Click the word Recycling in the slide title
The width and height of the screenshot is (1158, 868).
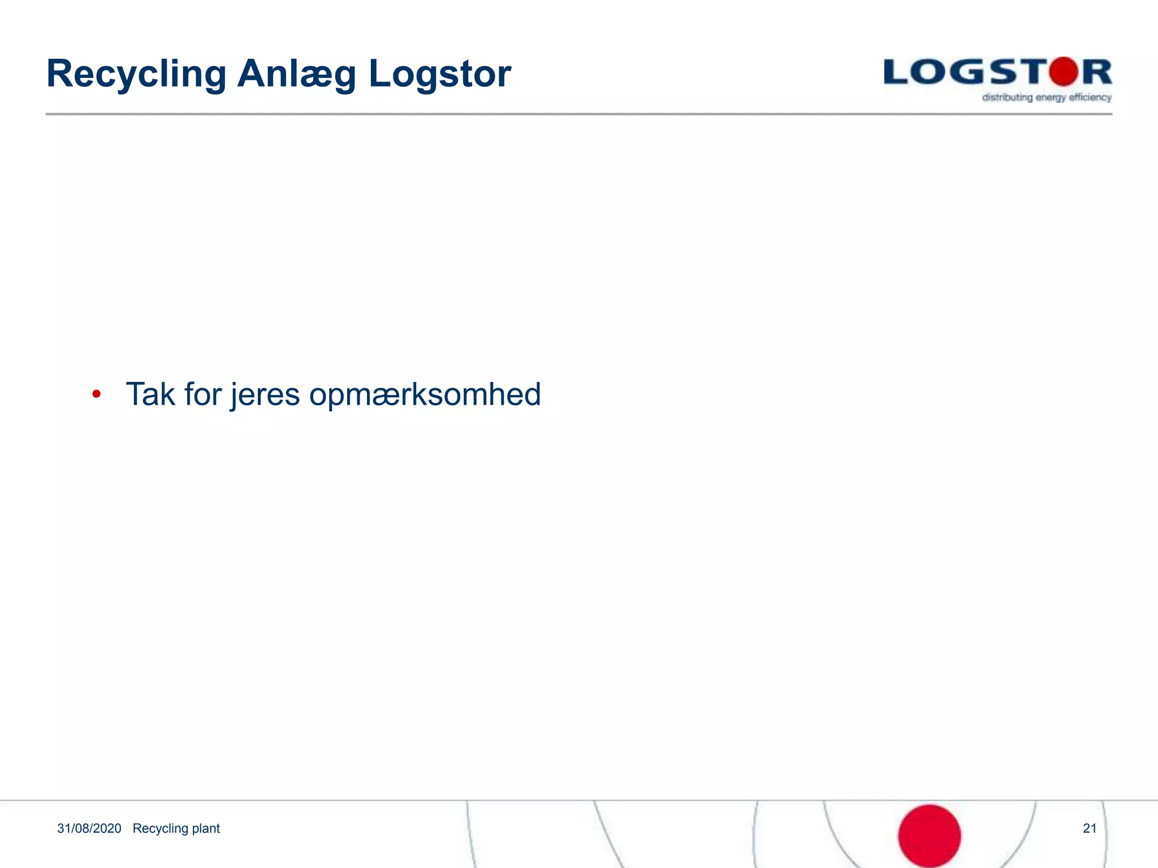(136, 74)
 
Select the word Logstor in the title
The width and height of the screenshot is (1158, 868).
(439, 74)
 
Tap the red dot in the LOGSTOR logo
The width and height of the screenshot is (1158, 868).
(1064, 72)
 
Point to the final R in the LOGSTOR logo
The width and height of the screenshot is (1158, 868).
(1097, 73)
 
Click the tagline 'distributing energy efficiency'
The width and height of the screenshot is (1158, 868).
(1047, 98)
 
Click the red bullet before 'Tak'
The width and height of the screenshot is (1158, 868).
(97, 394)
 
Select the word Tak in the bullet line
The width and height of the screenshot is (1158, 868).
(150, 394)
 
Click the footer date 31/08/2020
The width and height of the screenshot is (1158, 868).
(89, 828)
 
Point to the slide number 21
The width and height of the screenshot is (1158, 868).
(1090, 828)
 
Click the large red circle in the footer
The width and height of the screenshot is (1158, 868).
(929, 836)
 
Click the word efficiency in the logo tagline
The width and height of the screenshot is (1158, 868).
(1090, 98)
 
